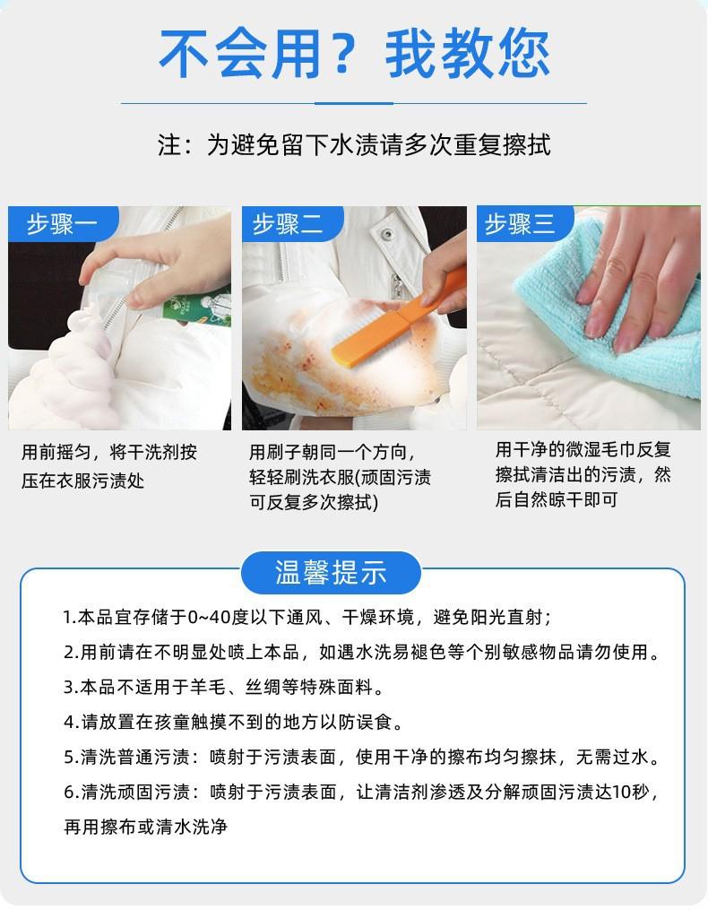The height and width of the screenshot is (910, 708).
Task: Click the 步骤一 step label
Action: (62, 223)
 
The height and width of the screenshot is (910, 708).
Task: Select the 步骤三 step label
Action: (520, 223)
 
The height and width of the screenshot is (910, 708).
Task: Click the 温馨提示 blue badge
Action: (331, 573)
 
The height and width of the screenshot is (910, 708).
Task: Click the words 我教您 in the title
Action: (467, 54)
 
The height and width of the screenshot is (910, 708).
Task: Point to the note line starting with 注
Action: (354, 144)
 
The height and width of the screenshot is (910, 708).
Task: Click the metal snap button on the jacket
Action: (385, 235)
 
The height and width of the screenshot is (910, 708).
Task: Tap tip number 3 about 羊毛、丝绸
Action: (223, 687)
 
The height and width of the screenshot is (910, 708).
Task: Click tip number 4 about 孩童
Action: (233, 722)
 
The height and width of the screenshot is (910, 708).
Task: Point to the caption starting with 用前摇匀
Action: (109, 466)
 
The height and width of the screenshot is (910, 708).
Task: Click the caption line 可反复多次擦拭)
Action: (314, 502)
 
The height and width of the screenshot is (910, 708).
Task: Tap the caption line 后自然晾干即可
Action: (556, 499)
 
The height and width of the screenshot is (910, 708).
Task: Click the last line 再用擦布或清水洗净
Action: (146, 827)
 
